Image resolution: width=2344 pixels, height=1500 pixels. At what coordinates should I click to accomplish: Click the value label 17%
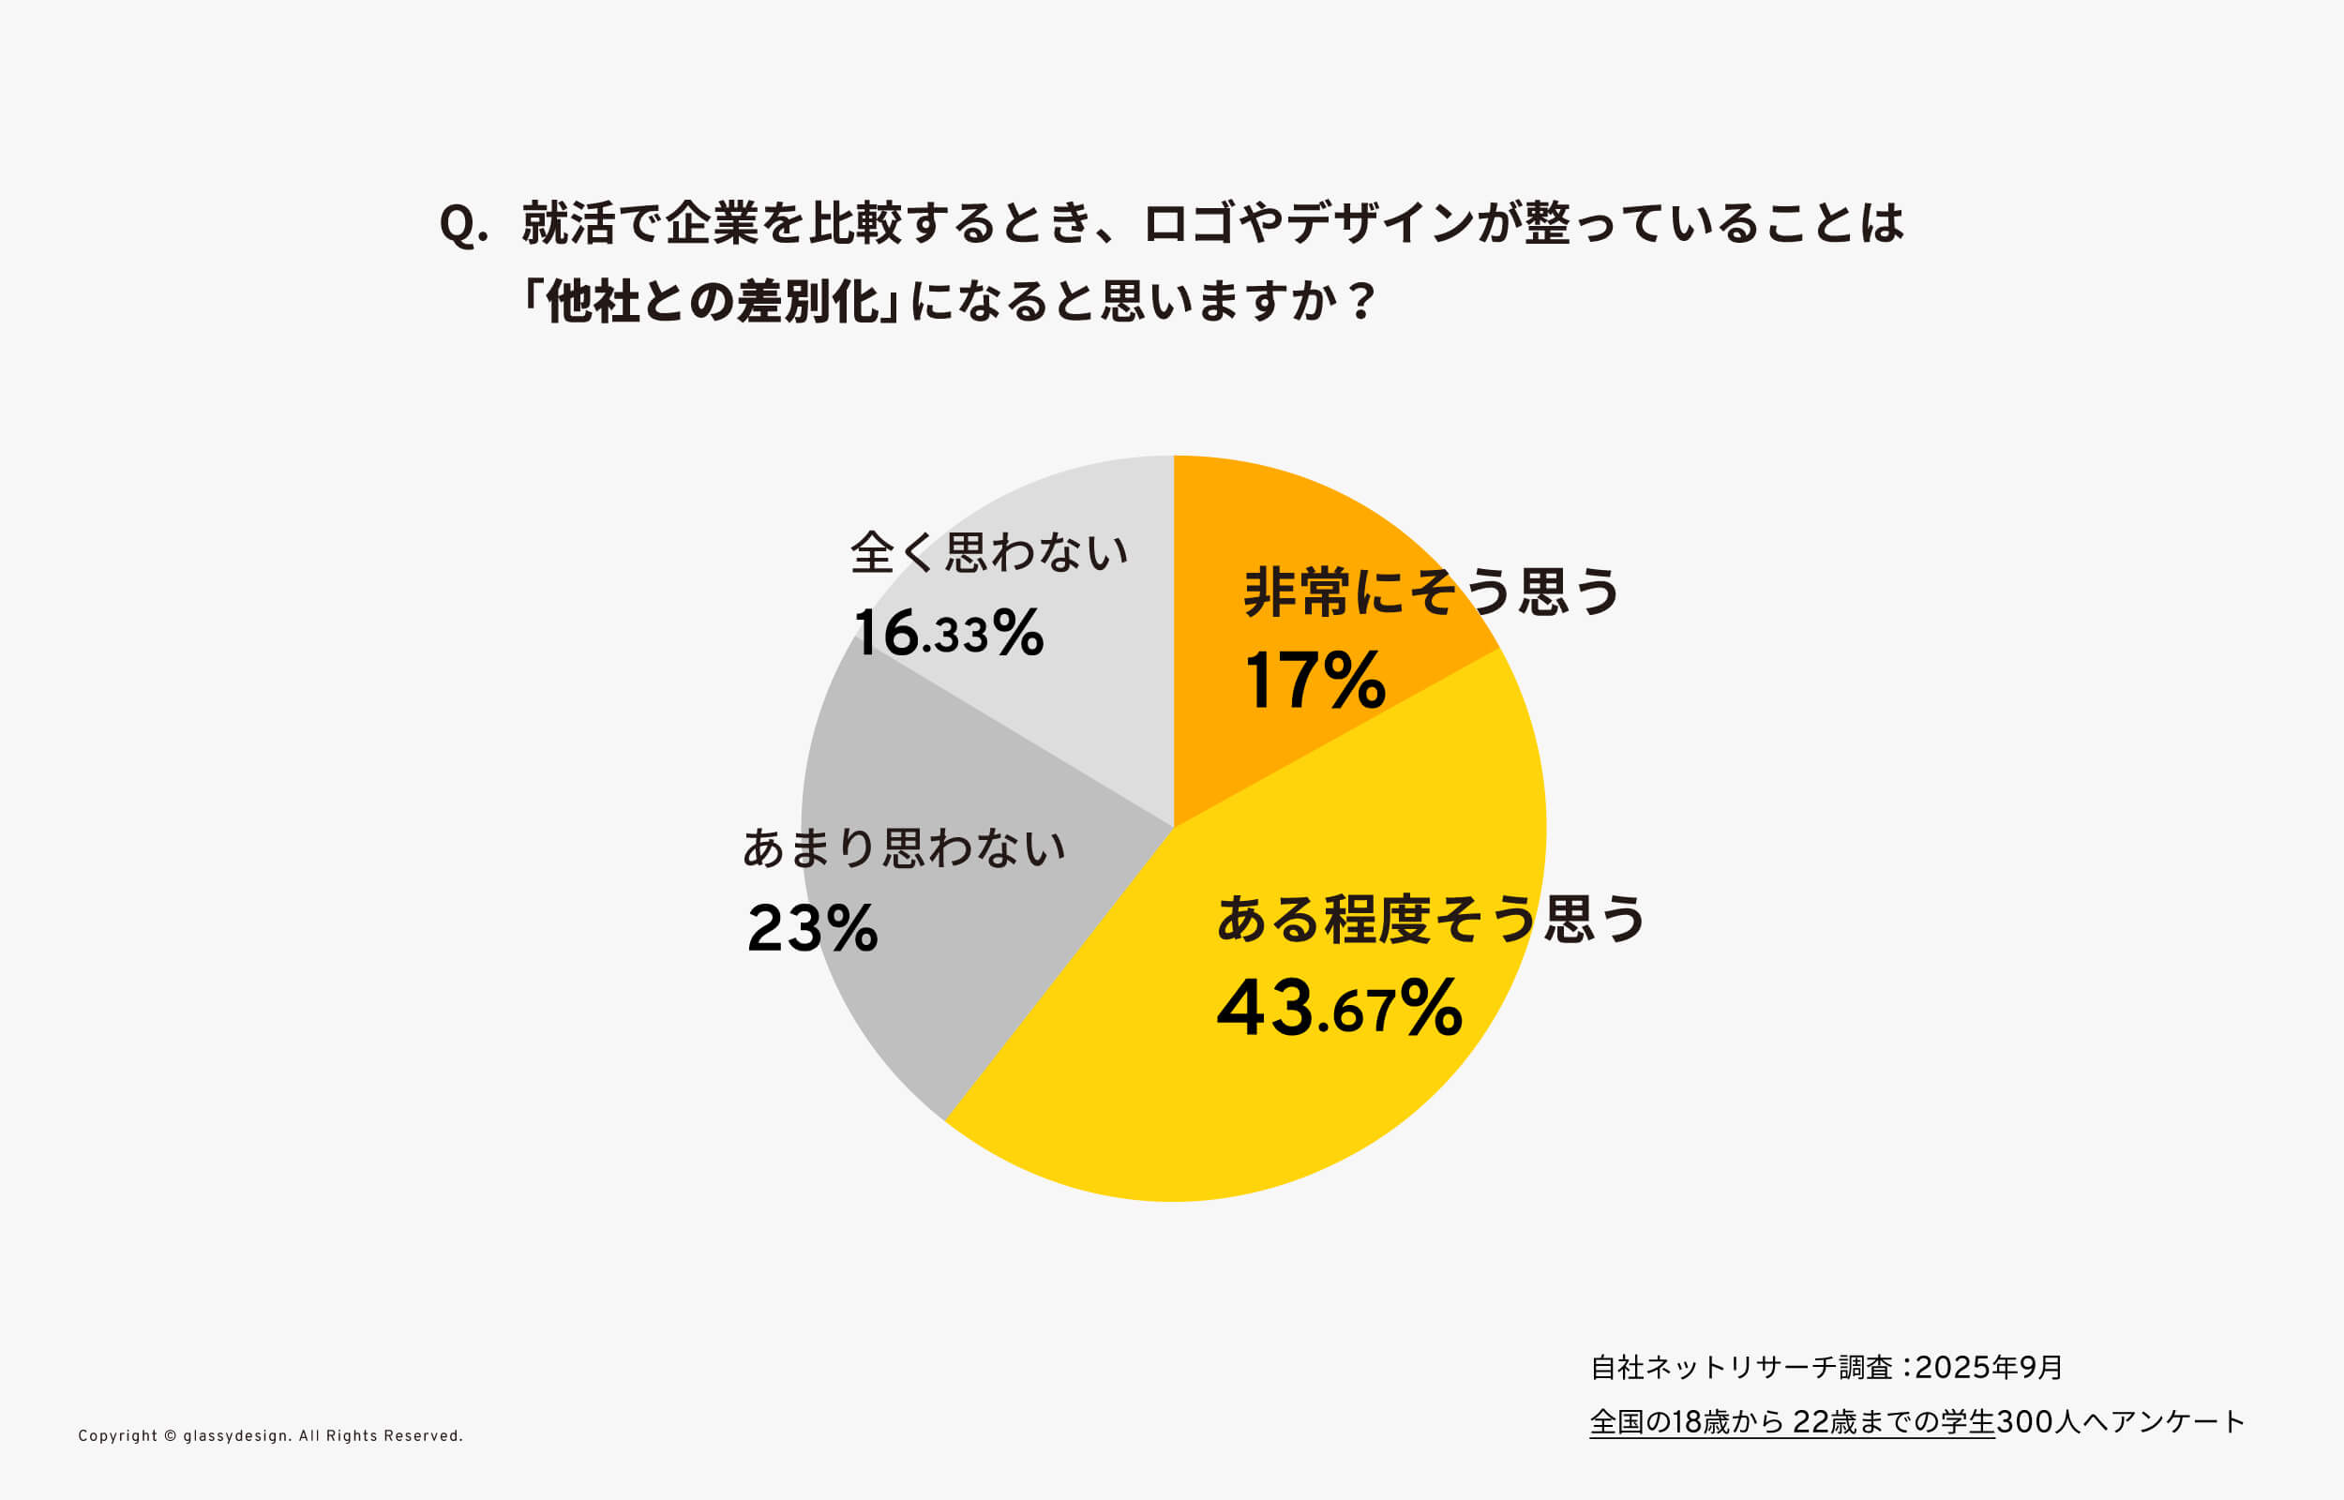(x=1314, y=680)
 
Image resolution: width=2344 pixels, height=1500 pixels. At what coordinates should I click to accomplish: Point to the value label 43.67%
(x=1339, y=1008)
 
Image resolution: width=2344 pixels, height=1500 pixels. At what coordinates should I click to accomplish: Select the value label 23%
(x=812, y=927)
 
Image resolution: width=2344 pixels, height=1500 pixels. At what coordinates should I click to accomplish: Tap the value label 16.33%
(x=949, y=633)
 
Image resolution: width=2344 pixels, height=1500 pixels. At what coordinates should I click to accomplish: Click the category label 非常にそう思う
(x=1431, y=592)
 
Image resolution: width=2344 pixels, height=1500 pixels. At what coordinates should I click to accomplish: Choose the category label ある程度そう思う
(x=1431, y=919)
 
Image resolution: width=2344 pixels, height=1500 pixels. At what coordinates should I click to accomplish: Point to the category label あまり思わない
(x=904, y=847)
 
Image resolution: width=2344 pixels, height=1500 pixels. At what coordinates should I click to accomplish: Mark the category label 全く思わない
(x=988, y=552)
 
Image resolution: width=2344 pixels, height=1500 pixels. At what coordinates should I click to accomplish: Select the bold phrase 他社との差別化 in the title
(x=712, y=302)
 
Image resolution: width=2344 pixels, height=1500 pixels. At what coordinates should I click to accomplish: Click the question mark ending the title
(x=1362, y=302)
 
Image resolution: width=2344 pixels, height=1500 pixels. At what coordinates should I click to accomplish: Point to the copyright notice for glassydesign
(x=271, y=1435)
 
